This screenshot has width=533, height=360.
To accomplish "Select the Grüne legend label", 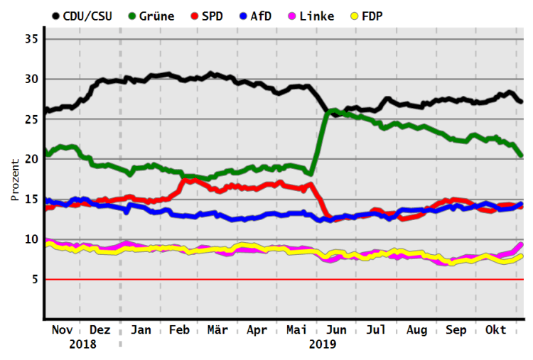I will pyautogui.click(x=157, y=16).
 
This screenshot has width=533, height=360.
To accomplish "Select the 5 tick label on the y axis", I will pyautogui.click(x=33, y=280).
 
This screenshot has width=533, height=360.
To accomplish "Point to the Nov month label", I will pyautogui.click(x=63, y=330).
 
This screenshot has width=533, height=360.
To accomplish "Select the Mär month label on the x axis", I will pyautogui.click(x=217, y=330).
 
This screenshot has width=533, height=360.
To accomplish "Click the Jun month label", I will pyautogui.click(x=336, y=330).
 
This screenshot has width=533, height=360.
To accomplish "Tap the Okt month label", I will pyautogui.click(x=495, y=330).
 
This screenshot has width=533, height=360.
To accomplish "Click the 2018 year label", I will pyautogui.click(x=82, y=344).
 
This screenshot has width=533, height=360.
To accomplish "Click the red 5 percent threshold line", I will pyautogui.click(x=284, y=280).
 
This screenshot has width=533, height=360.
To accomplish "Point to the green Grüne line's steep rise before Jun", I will pyautogui.click(x=318, y=142).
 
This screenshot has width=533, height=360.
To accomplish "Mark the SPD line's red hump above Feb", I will pyautogui.click(x=190, y=181).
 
